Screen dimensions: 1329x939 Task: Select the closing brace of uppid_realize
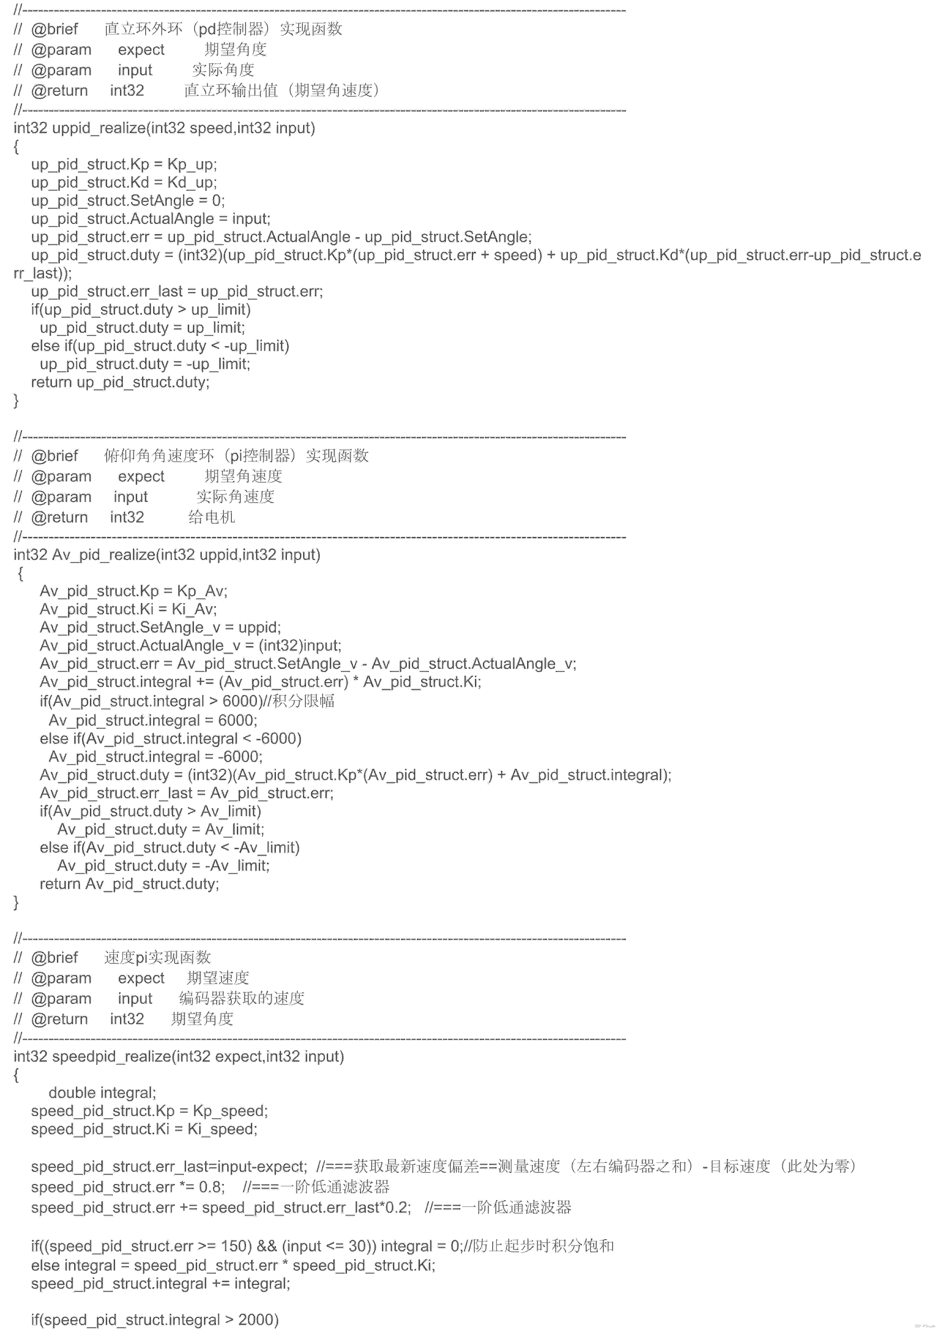point(16,401)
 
